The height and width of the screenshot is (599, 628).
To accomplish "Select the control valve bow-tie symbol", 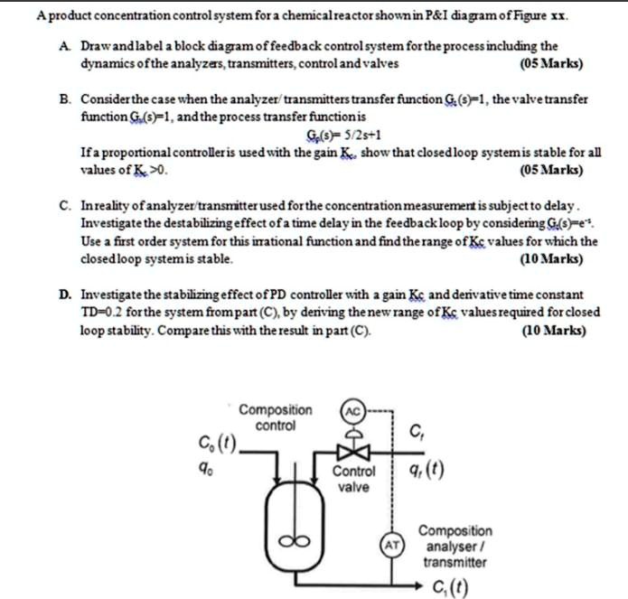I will [353, 451].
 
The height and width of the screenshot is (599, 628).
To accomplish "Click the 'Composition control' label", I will [276, 417].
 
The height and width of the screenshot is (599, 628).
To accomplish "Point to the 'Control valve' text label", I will [353, 479].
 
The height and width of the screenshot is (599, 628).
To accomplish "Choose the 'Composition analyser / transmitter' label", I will [455, 547].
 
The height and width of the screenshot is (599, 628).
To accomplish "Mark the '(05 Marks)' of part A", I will [552, 64].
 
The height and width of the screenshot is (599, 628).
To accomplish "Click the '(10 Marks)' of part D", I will [553, 330].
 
